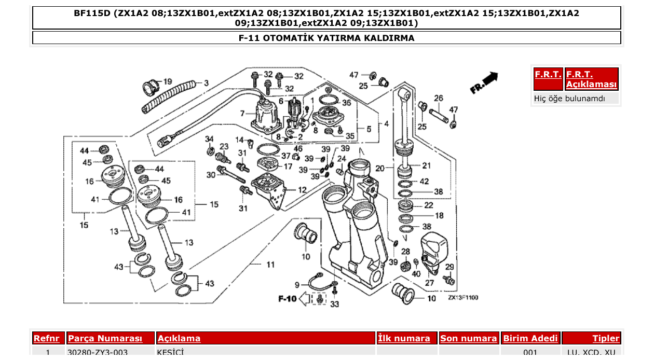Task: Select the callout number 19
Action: (x=168, y=82)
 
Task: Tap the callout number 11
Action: (x=270, y=265)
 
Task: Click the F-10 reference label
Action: (x=287, y=299)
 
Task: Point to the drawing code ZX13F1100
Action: (x=463, y=298)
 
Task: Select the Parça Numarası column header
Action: (x=105, y=338)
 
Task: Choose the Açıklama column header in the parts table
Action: (x=179, y=338)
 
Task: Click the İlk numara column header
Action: (x=404, y=338)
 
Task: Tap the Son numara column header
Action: (x=468, y=338)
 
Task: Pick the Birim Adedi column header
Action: (x=530, y=338)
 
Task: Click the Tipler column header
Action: (x=606, y=338)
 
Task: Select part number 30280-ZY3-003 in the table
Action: (x=98, y=353)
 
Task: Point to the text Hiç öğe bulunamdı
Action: (x=569, y=98)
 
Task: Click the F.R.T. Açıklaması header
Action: (x=591, y=79)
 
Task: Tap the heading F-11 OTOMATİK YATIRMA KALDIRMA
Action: (x=326, y=38)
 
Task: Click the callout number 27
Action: (x=430, y=283)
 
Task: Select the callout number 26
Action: (x=439, y=98)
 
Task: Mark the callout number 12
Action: (x=302, y=190)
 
